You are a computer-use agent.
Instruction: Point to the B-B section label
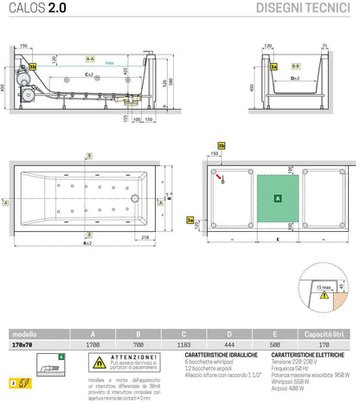click(295, 65)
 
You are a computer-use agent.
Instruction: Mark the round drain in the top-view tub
click(133, 196)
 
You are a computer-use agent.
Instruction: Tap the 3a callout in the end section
click(273, 66)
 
